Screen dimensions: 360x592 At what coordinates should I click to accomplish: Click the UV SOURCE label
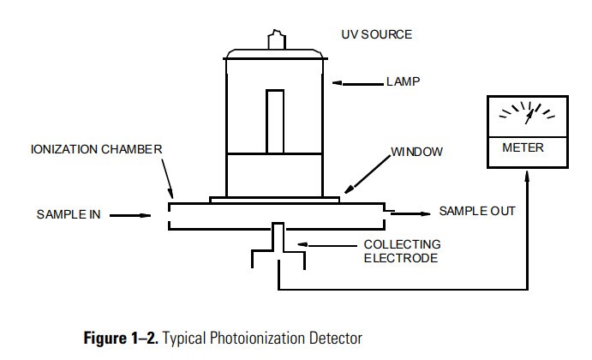pyautogui.click(x=376, y=34)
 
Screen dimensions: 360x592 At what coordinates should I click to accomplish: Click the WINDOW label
pyautogui.click(x=417, y=152)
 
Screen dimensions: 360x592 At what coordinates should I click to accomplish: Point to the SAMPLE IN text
pyautogui.click(x=68, y=214)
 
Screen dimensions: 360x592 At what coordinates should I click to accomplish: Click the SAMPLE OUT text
pyautogui.click(x=477, y=211)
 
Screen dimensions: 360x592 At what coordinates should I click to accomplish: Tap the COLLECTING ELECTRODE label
pyautogui.click(x=402, y=251)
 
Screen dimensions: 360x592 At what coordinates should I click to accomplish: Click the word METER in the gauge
pyautogui.click(x=522, y=148)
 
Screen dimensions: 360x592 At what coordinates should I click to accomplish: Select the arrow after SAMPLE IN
pyautogui.click(x=133, y=215)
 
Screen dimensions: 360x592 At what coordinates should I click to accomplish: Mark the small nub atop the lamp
pyautogui.click(x=274, y=39)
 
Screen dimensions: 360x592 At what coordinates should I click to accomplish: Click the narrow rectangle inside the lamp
pyautogui.click(x=274, y=119)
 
